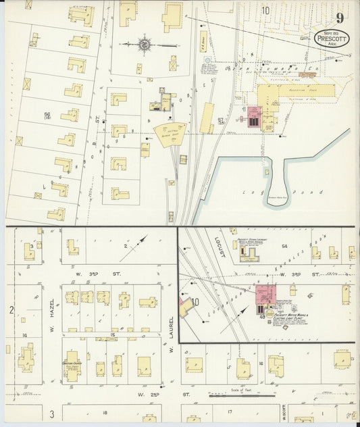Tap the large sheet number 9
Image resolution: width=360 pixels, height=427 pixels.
[x=338, y=18]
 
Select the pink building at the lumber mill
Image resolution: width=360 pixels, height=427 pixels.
[x=254, y=116]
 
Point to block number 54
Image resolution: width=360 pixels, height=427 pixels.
[x=284, y=246]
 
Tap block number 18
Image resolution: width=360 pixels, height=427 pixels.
[x=105, y=411]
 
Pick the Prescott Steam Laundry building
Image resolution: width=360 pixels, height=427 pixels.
[x=252, y=255]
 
